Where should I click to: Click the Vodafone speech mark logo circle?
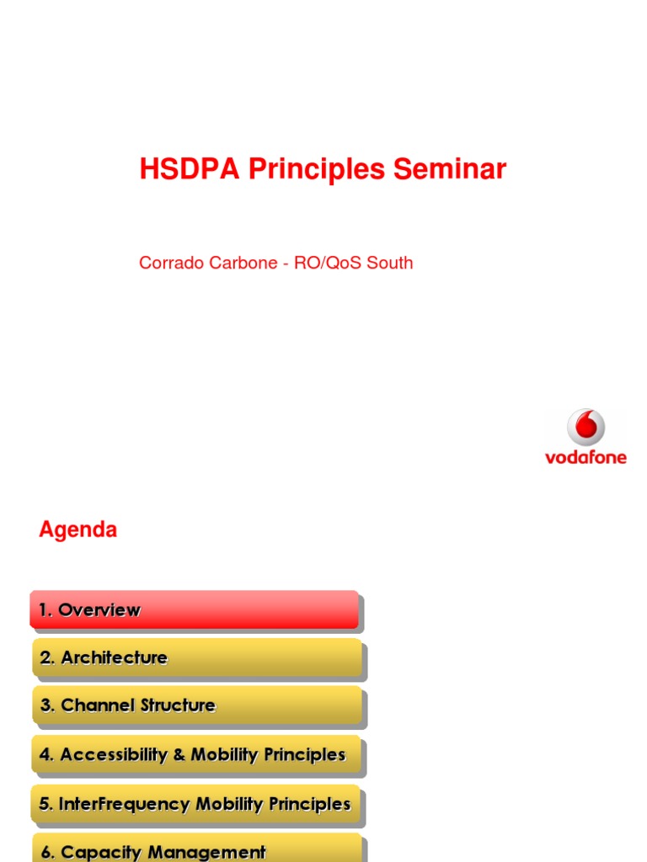[x=586, y=428]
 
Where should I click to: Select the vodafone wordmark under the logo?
[x=586, y=458]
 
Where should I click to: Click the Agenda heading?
[x=78, y=530]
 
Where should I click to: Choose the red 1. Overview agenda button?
[x=194, y=610]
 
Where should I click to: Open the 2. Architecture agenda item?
[x=197, y=658]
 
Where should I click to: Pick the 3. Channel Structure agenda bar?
[x=197, y=706]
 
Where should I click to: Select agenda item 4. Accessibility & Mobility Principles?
[x=197, y=755]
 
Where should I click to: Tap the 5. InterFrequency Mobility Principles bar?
[x=197, y=804]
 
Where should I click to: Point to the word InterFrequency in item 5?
[x=125, y=804]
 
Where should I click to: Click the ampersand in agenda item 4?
[x=179, y=755]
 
